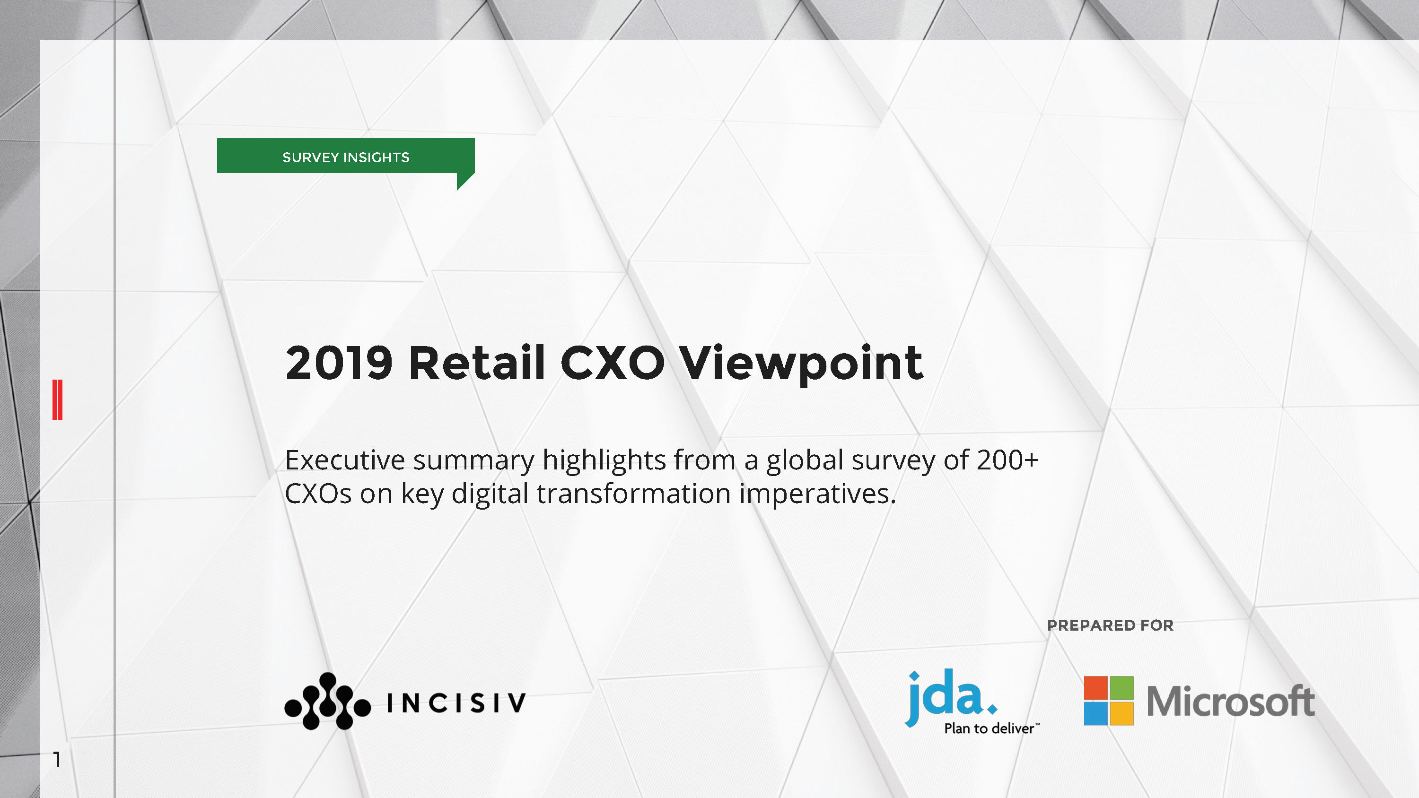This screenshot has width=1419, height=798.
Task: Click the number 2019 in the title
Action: (x=339, y=363)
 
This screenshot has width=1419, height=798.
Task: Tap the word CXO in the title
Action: (x=612, y=363)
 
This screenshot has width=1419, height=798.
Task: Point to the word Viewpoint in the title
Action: (x=801, y=365)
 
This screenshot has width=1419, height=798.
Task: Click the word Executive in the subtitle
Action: (x=344, y=460)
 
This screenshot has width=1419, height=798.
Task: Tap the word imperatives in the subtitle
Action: (x=817, y=494)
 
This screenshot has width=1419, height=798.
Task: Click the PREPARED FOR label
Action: (x=1110, y=625)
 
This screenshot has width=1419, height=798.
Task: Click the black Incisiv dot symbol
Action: (x=327, y=701)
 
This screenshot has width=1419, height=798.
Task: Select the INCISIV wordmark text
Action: (x=456, y=703)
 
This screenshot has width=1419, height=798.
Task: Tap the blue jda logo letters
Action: (x=950, y=697)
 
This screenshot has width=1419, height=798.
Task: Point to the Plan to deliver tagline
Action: (x=991, y=728)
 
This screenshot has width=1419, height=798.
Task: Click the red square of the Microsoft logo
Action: (x=1095, y=687)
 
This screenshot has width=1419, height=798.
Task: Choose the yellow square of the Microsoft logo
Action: (x=1122, y=714)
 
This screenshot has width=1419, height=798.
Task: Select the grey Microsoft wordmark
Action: (x=1231, y=701)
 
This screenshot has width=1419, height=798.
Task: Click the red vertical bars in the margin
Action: (x=57, y=399)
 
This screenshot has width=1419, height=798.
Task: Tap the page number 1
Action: (x=57, y=759)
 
